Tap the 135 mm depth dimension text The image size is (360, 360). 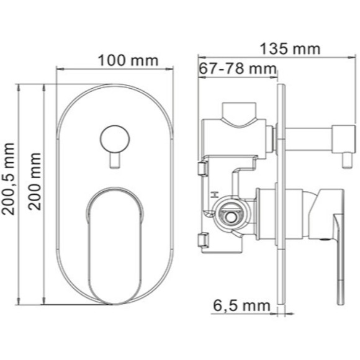[x=289, y=48]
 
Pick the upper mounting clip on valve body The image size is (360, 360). [x=201, y=168]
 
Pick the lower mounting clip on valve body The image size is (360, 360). [x=201, y=239]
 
